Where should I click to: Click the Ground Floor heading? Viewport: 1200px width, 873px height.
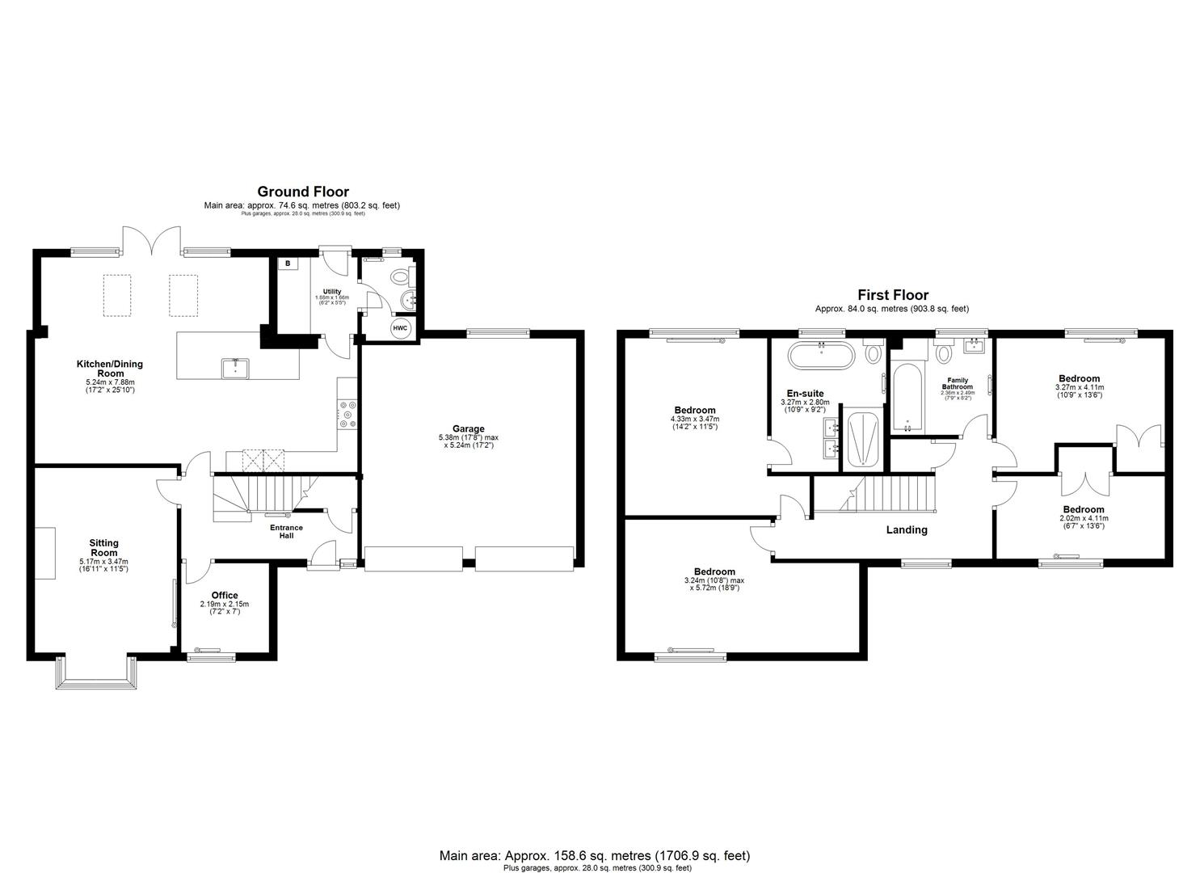303,192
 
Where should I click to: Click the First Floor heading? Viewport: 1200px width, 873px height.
893,295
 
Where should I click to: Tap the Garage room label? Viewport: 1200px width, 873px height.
469,429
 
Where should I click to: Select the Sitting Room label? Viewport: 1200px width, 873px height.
103,548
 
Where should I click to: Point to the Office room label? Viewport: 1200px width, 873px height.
225,596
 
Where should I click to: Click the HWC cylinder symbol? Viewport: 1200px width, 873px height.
400,328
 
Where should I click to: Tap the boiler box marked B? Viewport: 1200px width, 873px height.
288,264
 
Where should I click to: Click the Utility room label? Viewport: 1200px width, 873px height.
332,292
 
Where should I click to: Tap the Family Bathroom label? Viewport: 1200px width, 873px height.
958,383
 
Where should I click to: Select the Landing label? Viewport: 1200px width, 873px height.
907,530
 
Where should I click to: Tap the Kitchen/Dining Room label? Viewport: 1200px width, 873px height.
110,369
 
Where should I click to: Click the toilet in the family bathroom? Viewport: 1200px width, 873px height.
943,353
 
